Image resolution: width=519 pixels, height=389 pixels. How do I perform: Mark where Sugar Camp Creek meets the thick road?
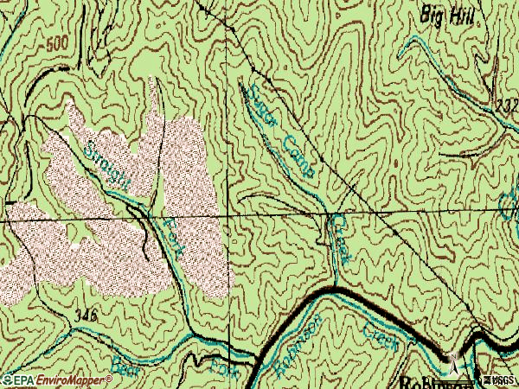[x=336, y=286]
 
